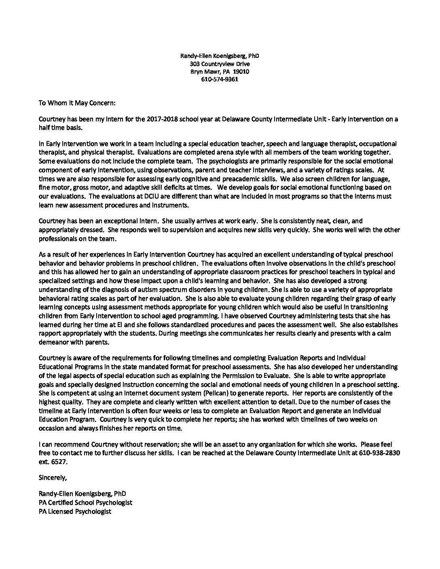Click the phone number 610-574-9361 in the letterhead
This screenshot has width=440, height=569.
[x=220, y=79]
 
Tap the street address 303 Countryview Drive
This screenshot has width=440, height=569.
[x=220, y=64]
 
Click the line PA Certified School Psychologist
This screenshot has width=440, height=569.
[x=85, y=503]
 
